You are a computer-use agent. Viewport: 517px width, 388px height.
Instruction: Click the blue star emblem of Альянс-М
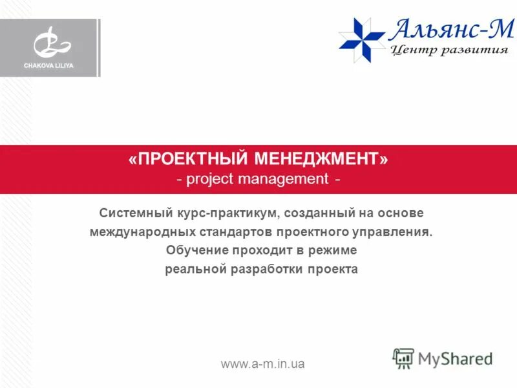click(x=363, y=39)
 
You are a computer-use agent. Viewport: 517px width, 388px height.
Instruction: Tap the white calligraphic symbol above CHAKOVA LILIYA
click(x=52, y=43)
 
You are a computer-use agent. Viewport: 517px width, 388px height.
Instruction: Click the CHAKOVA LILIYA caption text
click(x=50, y=65)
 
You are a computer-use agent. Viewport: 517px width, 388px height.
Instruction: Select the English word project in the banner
click(x=210, y=178)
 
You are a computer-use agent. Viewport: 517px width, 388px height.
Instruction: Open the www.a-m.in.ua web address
click(x=263, y=364)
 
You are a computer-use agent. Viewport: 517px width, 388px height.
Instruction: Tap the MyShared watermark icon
click(x=403, y=358)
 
